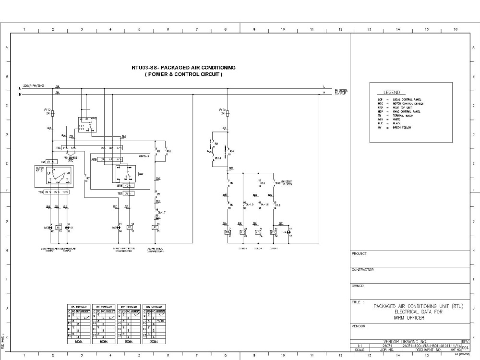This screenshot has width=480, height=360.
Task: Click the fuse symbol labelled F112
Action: (x=52, y=113)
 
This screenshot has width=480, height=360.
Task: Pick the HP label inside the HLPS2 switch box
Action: (x=68, y=173)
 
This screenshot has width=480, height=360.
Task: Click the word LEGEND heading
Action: (x=392, y=93)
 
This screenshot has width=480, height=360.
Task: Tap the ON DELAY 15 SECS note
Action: (x=287, y=183)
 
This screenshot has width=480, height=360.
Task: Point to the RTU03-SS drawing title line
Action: (x=183, y=68)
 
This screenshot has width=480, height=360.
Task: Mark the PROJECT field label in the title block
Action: (x=359, y=253)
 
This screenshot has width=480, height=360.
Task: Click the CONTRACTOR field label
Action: (x=362, y=270)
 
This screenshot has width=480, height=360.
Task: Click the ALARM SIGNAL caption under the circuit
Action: (x=156, y=249)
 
